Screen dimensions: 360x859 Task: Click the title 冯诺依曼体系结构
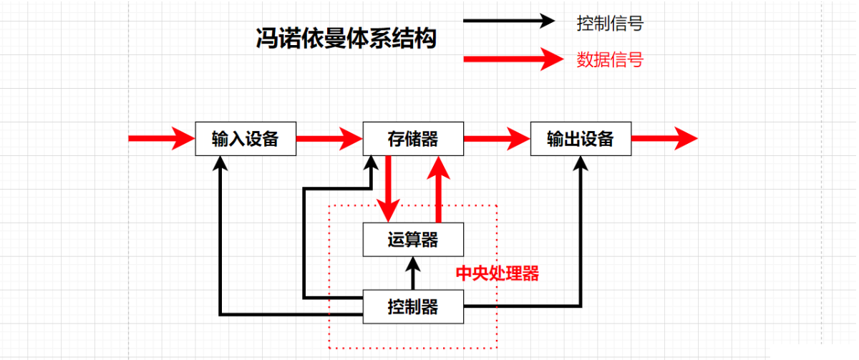(x=346, y=39)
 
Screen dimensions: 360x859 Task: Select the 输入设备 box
(x=246, y=139)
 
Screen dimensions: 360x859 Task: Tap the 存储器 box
(x=412, y=139)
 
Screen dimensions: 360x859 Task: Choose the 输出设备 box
(x=580, y=139)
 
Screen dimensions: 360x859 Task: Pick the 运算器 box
(x=412, y=239)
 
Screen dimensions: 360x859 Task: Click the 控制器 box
(x=412, y=308)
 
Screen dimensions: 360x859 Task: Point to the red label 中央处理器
(x=498, y=274)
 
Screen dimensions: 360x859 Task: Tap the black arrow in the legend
(x=510, y=20)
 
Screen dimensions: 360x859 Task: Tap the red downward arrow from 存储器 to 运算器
(x=389, y=189)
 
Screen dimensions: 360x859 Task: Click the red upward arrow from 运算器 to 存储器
(x=439, y=189)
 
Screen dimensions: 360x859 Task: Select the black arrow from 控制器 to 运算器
(x=412, y=273)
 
